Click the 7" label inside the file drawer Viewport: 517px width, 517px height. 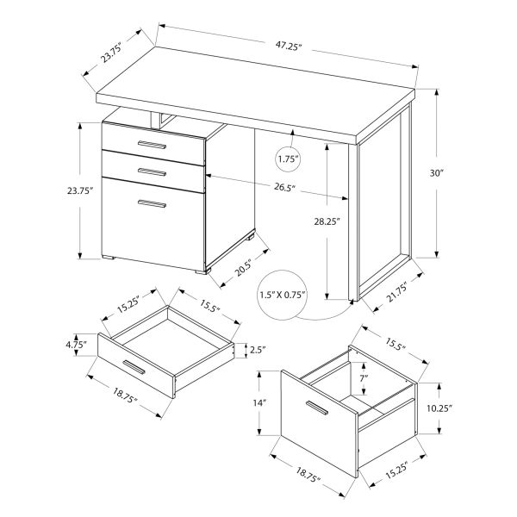[363, 377]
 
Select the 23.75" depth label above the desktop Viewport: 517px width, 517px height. [110, 59]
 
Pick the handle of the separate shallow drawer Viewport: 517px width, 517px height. [137, 369]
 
